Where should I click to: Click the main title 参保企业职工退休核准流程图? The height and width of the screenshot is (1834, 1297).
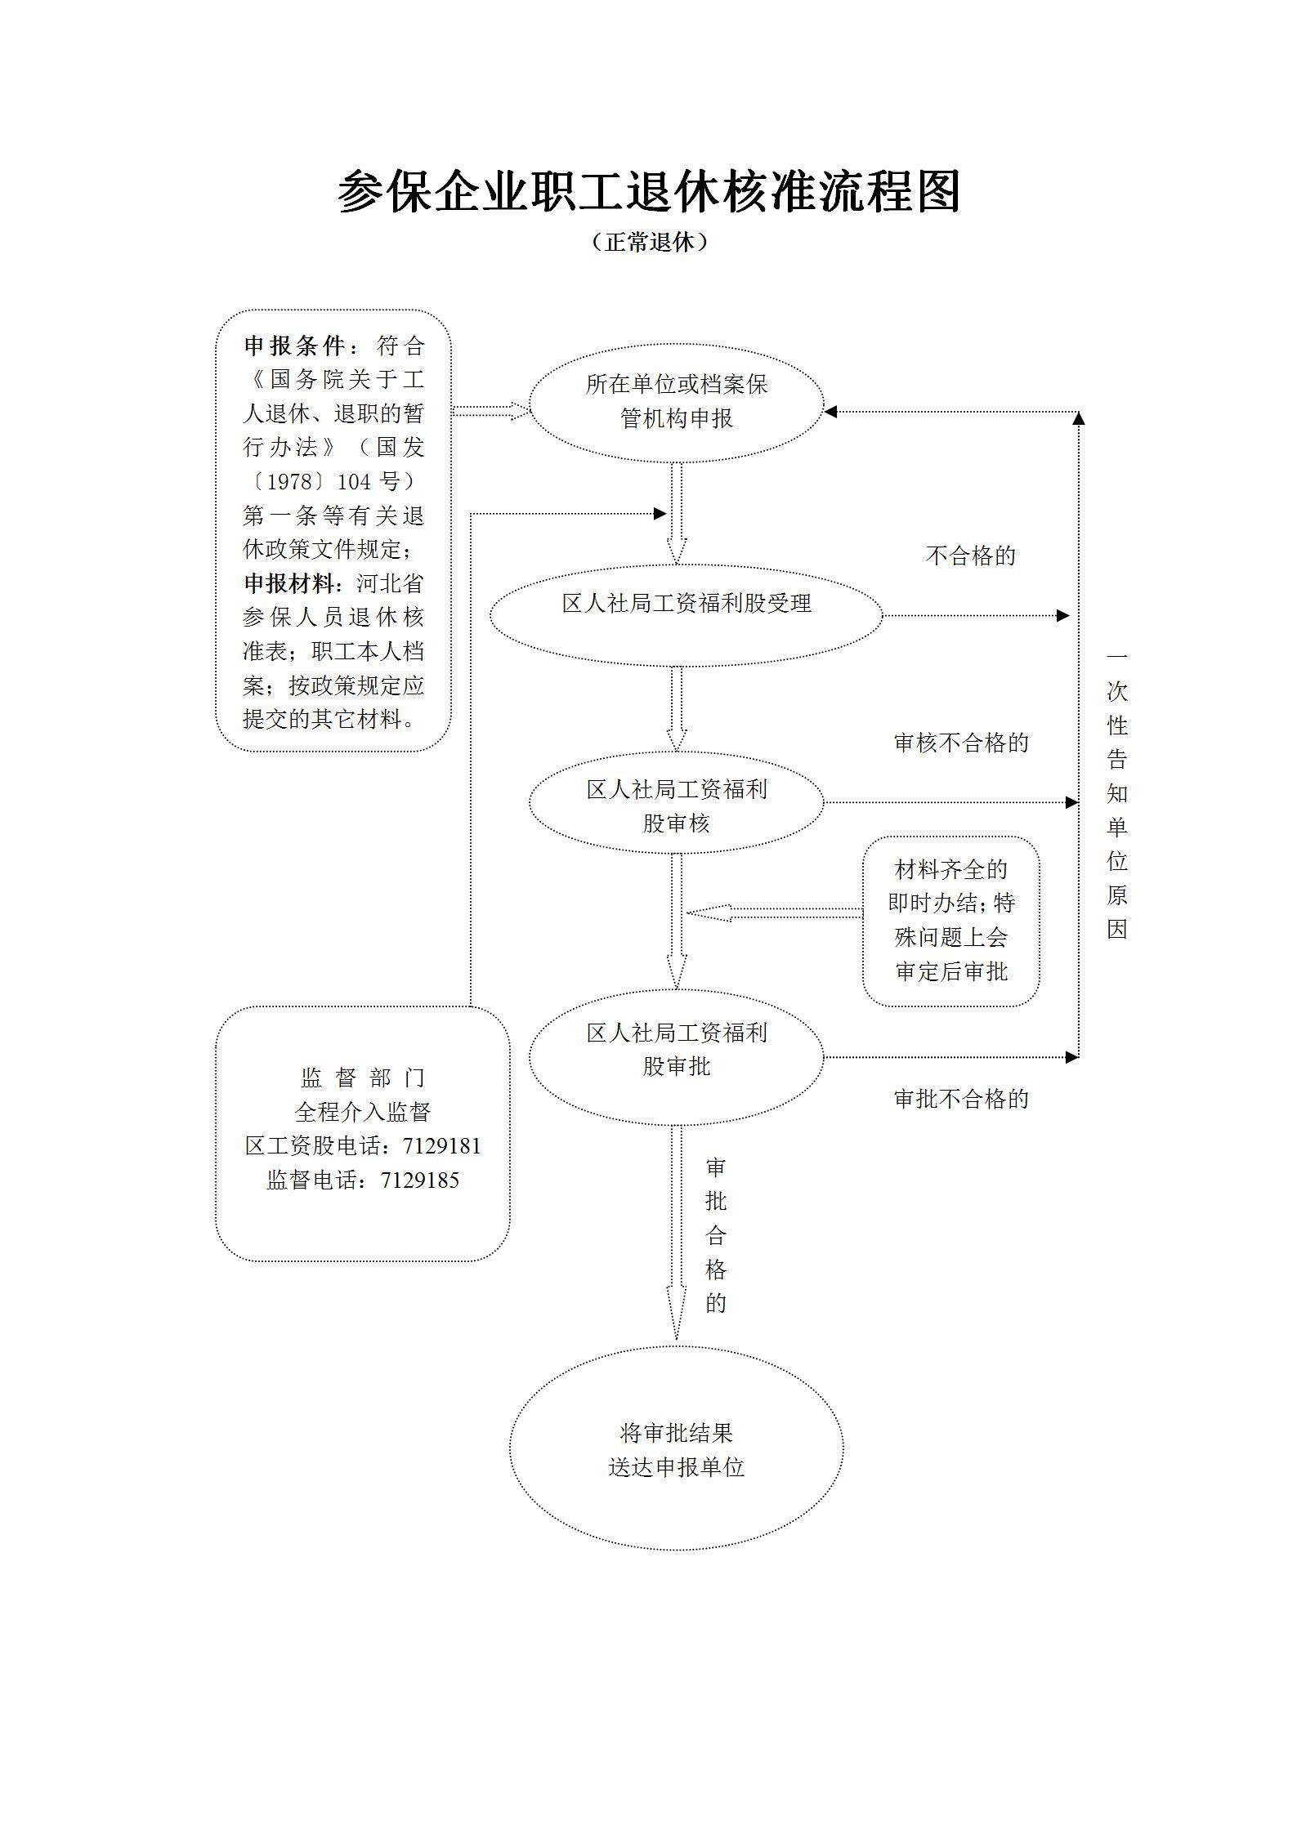tap(648, 193)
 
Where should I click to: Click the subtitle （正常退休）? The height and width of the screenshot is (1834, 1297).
tap(648, 243)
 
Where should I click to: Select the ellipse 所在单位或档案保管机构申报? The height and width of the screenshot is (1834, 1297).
tap(676, 402)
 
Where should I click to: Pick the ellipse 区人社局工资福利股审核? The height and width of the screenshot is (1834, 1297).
tap(676, 805)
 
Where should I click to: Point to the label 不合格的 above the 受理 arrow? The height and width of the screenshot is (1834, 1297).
tap(970, 556)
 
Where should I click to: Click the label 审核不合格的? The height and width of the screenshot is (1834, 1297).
tap(960, 743)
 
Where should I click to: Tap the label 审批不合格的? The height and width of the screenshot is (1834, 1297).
tap(960, 1100)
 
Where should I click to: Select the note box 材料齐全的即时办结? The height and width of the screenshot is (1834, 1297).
tap(950, 921)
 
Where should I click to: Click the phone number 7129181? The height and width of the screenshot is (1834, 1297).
tap(441, 1146)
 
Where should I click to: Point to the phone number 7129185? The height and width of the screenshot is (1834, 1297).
tap(419, 1180)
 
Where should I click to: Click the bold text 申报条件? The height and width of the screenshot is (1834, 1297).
tap(294, 346)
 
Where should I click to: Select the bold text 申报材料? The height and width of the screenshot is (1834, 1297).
tap(289, 584)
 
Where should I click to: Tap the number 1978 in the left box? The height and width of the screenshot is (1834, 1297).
tap(290, 482)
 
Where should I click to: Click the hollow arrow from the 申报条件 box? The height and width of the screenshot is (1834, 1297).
tap(490, 411)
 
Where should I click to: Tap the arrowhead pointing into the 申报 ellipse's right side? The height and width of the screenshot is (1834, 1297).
tap(830, 412)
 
